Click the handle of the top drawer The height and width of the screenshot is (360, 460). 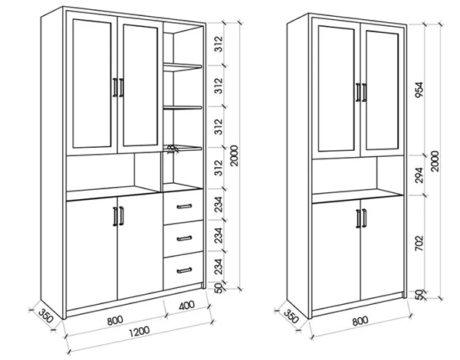pos(182,206)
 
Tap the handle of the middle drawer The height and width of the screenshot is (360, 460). pos(182,237)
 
